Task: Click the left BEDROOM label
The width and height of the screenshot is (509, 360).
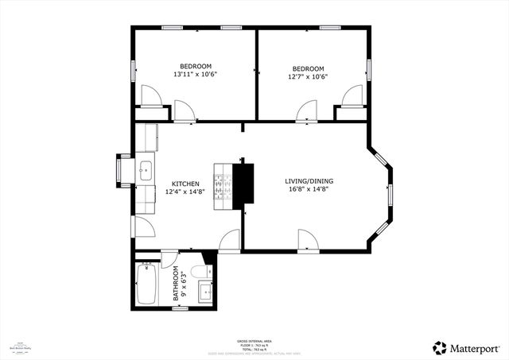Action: click(x=195, y=66)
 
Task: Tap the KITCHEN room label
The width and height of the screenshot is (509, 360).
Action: click(x=182, y=184)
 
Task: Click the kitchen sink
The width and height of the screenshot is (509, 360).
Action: click(x=146, y=169)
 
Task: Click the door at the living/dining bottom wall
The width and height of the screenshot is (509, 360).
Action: click(x=306, y=239)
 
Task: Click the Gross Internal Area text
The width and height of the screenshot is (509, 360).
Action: click(x=254, y=339)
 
